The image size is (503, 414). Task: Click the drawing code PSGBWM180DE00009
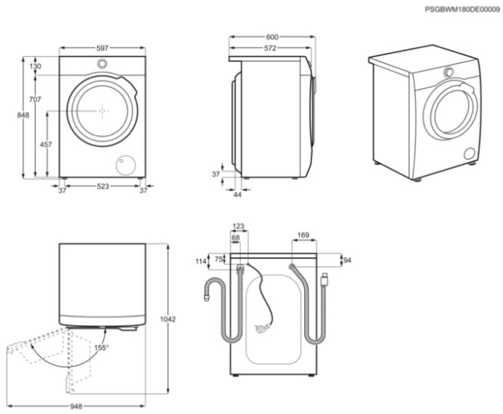pos(462,9)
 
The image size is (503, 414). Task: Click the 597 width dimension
pos(102,48)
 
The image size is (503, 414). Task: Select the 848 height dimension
pos(23,115)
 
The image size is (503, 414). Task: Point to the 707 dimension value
pos(36,100)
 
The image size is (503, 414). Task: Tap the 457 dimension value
pos(46,145)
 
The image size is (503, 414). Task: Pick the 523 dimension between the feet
pos(103,186)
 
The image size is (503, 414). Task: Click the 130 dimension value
pos(36,66)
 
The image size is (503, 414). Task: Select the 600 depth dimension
pos(272,37)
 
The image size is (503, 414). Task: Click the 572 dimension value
pos(270,48)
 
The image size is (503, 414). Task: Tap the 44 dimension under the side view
pos(237,195)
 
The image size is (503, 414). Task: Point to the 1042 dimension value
pos(168,319)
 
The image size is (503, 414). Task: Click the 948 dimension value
pos(76,406)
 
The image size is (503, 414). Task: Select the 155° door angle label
pos(102,348)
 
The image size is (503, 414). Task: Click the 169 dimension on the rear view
pos(303,235)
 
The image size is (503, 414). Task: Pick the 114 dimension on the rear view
pos(201,261)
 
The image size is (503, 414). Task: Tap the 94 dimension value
pos(348,260)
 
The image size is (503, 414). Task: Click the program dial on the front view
pos(102,63)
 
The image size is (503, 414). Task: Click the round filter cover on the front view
pos(126,166)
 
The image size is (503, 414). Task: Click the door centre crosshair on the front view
pos(102,111)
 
